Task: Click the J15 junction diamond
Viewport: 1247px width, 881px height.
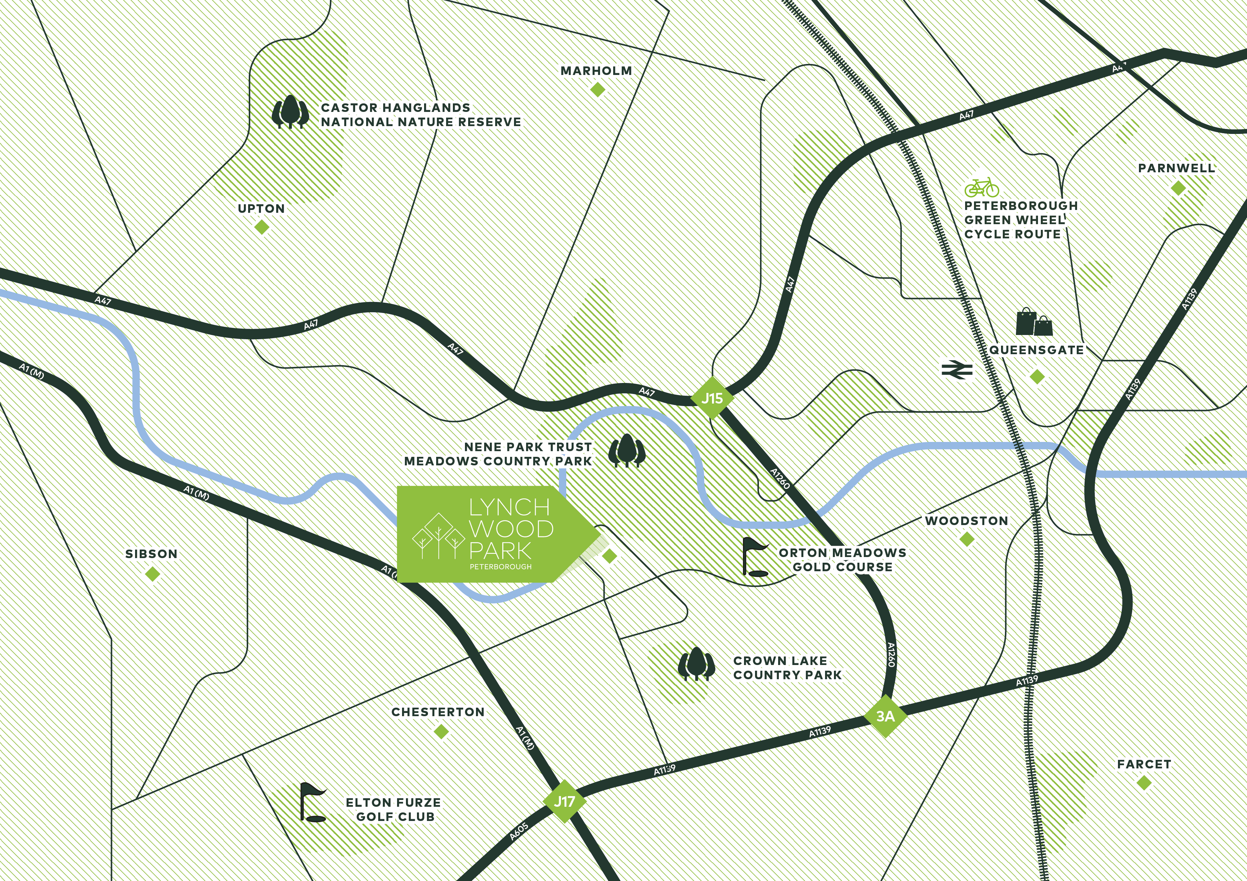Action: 712,398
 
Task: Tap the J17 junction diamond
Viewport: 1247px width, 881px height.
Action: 564,801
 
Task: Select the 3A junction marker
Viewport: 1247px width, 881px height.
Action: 885,716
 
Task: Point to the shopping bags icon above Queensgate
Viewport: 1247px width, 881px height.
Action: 1034,322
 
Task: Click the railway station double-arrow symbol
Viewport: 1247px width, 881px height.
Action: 957,370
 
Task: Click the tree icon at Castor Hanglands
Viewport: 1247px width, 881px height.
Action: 290,112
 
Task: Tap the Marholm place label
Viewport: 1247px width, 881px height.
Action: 596,71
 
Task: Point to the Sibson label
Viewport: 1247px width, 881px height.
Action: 151,554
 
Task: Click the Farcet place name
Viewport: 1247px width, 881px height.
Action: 1144,764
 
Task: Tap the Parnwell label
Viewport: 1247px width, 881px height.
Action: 1176,168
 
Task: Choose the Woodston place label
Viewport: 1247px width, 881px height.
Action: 967,520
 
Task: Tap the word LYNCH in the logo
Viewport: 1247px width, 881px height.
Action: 509,508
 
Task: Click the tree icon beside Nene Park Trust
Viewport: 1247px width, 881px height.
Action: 627,450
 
